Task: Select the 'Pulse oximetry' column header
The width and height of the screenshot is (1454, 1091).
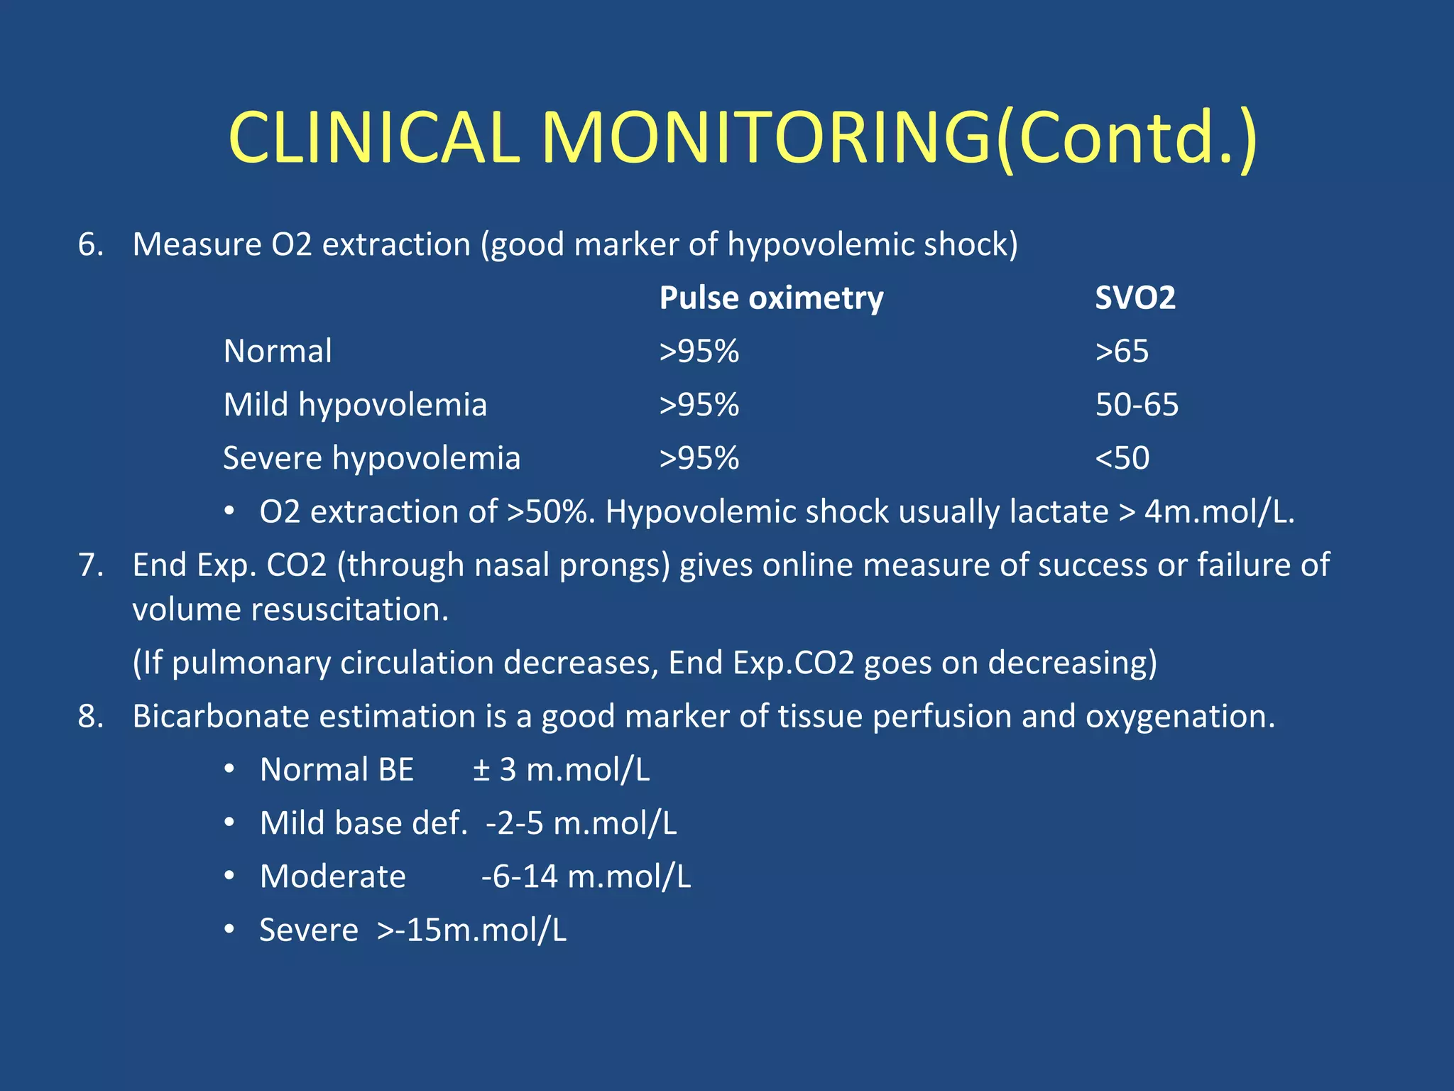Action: pos(771,298)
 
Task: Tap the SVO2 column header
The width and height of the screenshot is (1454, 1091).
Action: pos(1135,298)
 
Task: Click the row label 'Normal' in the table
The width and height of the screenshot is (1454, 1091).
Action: pos(278,351)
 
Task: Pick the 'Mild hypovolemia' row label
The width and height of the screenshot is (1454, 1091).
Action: pos(355,405)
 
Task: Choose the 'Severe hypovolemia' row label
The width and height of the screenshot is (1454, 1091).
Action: pos(371,458)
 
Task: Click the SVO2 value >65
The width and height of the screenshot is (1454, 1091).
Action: pos(1122,351)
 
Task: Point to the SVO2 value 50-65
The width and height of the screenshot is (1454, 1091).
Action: pos(1137,405)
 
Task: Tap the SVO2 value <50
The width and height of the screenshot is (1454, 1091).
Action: pos(1122,458)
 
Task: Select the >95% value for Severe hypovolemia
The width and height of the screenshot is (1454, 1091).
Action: pos(699,458)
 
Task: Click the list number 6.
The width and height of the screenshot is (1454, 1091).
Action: pos(90,244)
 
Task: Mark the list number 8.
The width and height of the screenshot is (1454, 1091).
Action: pos(90,716)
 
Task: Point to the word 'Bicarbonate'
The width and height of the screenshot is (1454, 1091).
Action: pos(220,716)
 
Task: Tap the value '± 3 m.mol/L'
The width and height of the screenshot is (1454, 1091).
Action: pos(561,770)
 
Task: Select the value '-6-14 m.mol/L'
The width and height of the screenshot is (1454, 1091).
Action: pos(586,876)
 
